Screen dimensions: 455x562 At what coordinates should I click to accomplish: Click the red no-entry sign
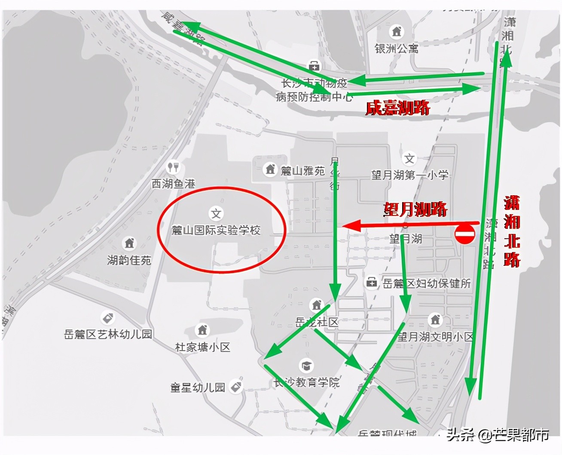(465, 234)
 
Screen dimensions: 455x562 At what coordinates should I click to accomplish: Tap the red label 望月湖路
(415, 209)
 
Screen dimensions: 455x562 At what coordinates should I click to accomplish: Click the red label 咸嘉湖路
(397, 108)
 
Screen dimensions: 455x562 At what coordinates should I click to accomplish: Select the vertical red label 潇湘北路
(512, 231)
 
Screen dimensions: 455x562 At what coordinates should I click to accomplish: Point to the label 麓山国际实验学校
(216, 231)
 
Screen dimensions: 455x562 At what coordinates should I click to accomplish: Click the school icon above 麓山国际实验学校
(216, 213)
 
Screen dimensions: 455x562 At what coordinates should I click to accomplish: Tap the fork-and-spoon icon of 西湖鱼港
(173, 166)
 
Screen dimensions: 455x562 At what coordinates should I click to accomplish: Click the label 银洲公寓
(396, 49)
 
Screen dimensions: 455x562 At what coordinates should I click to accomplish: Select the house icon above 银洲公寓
(397, 31)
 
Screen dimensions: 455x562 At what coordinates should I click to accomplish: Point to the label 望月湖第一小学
(410, 175)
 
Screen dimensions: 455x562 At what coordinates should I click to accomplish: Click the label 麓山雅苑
(302, 171)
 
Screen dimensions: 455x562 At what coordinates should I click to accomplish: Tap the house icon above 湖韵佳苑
(129, 243)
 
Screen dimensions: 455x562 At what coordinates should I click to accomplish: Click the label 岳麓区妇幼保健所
(427, 283)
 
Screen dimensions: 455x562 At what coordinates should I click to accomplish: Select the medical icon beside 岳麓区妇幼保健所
(371, 283)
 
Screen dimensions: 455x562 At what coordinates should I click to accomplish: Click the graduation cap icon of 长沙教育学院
(306, 366)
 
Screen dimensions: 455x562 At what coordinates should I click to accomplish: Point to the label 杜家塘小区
(203, 347)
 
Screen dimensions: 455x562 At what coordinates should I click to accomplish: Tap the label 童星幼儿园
(198, 387)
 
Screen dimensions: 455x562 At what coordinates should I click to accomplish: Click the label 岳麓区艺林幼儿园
(108, 334)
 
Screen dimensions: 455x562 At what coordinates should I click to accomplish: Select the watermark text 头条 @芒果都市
(498, 435)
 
